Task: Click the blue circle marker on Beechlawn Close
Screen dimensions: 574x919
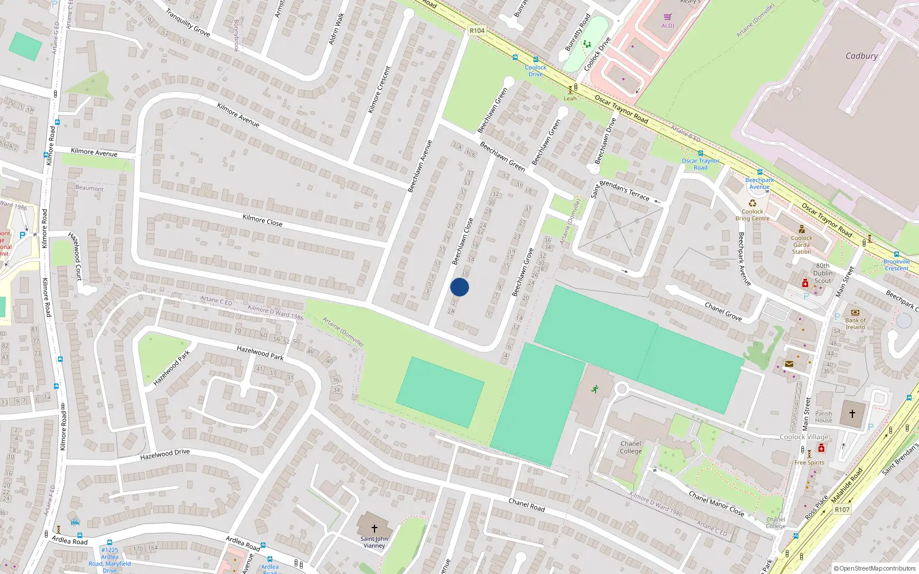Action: pos(459,287)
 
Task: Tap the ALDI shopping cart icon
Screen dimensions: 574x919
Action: pos(667,17)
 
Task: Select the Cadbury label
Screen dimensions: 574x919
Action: pos(862,56)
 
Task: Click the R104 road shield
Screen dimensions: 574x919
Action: pos(477,30)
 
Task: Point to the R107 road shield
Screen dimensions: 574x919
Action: pos(842,509)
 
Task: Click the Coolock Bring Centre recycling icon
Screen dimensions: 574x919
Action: pos(752,203)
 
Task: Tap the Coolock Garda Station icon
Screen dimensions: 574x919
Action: pos(802,230)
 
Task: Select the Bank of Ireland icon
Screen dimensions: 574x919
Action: pos(855,313)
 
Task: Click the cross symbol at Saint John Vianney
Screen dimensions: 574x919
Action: pos(374,528)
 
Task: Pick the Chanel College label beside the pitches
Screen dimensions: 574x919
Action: pos(631,447)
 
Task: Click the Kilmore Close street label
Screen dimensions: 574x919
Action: pos(262,220)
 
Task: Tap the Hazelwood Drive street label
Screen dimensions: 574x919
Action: pos(165,455)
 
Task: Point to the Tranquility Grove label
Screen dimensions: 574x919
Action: pos(188,23)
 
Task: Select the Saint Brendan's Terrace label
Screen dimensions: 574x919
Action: pos(620,189)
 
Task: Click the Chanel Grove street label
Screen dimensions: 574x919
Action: pos(723,312)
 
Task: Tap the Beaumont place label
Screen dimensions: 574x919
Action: pos(90,188)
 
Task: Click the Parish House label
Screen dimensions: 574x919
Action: pos(823,417)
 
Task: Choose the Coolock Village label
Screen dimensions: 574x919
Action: pos(804,437)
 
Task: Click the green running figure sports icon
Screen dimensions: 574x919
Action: pos(595,389)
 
